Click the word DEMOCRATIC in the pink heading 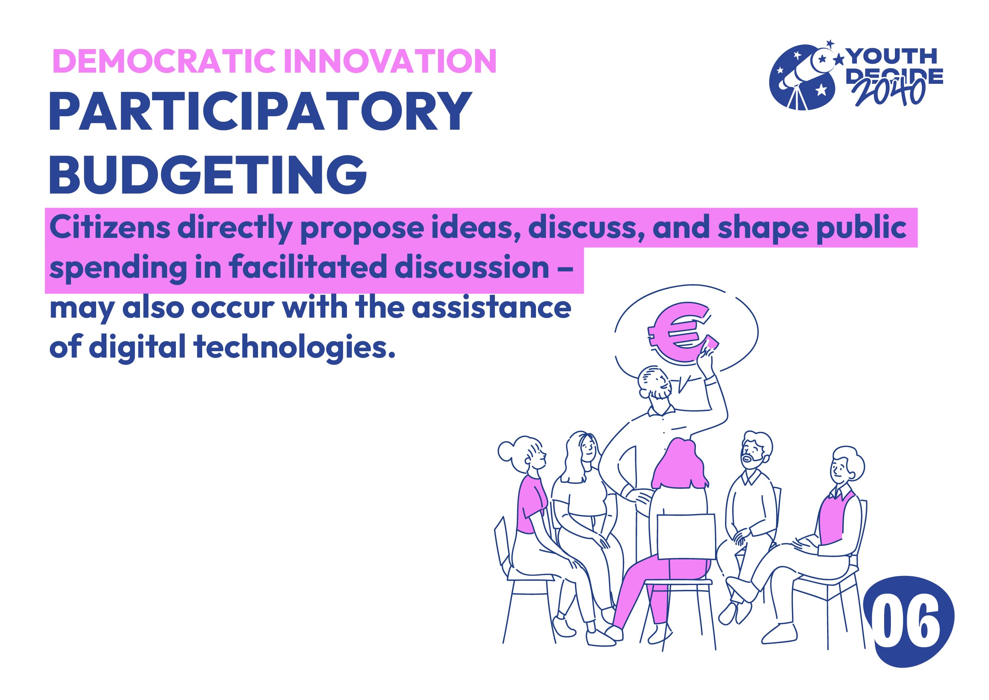164,61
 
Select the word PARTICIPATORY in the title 260,111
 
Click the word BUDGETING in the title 208,174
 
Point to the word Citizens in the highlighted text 110,227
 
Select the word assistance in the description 491,308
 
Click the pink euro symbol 679,333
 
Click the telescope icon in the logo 802,77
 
